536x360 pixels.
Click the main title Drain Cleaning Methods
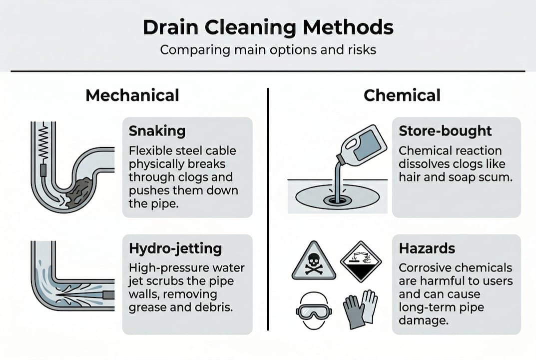[268, 27]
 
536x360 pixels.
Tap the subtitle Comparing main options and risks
[268, 50]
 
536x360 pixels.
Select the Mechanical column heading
[132, 95]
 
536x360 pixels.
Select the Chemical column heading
[402, 95]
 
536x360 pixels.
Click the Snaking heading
[157, 131]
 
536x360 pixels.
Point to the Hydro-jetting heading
[175, 249]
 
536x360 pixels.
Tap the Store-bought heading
[445, 131]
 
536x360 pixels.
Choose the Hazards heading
[427, 248]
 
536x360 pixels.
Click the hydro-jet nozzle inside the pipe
[108, 294]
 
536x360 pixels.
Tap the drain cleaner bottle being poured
[362, 144]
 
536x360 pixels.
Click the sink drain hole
[337, 200]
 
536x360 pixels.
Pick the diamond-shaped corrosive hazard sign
[361, 261]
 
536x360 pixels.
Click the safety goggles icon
[314, 310]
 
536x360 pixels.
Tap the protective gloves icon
[360, 309]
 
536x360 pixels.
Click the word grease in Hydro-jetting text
[147, 307]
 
